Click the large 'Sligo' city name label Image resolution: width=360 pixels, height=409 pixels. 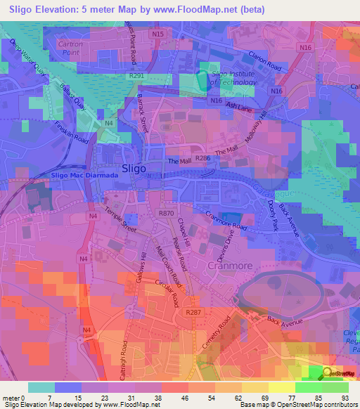(134, 168)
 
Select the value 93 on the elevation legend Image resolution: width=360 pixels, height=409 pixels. (345, 398)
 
